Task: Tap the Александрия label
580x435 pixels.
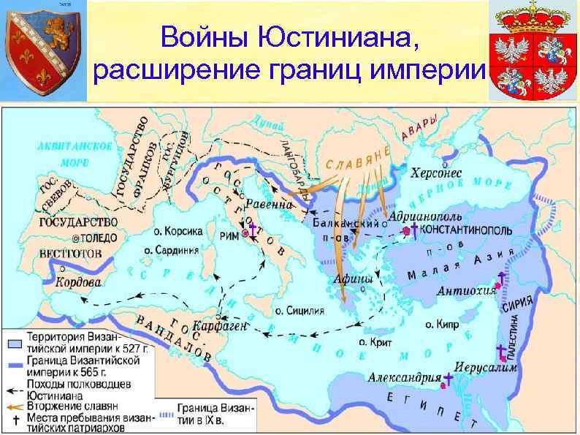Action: (x=403, y=377)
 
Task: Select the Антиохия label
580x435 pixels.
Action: (x=466, y=291)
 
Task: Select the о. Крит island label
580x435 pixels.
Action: (x=375, y=341)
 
